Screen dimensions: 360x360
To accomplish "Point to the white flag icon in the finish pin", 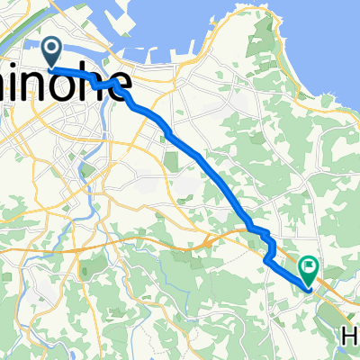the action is coord(310,266).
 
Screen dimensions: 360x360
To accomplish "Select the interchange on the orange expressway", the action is coord(209,240).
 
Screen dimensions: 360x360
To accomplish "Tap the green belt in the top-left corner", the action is coord(22,11).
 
